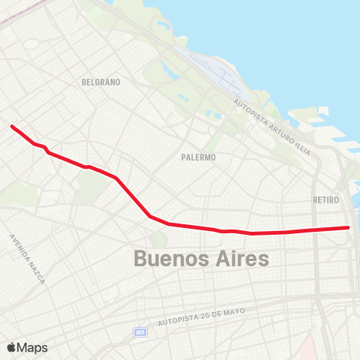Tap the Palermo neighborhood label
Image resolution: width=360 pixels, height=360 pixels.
point(199,157)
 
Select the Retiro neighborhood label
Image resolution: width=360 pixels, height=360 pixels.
point(325,200)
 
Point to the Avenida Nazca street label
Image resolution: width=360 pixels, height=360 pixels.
point(27,259)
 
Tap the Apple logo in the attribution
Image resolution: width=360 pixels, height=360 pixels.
point(11,347)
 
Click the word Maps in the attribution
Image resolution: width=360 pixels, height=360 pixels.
point(32,347)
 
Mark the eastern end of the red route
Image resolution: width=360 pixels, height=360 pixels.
point(348,227)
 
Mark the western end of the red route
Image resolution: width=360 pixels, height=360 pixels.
point(12,126)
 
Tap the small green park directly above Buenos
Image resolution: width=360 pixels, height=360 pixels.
point(158,239)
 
